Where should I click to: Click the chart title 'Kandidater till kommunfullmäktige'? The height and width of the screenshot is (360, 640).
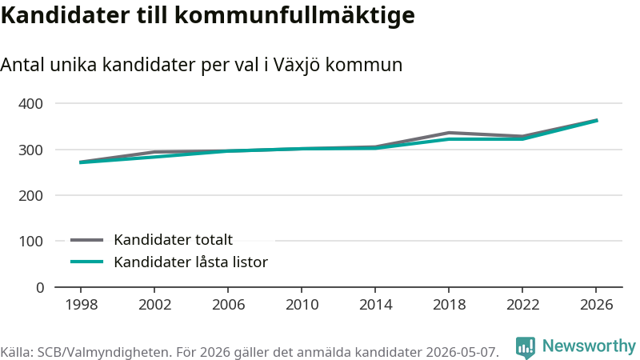coord(208,15)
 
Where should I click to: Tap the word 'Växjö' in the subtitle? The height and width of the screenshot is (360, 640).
coord(296,65)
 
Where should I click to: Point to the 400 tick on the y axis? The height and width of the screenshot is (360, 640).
coord(30,104)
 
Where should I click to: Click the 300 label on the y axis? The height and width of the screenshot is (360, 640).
coord(30,150)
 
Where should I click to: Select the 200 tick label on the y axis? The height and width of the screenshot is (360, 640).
coord(30,195)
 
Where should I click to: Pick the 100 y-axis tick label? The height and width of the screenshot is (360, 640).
coord(30,242)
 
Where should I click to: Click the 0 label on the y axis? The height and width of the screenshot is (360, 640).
coord(39,288)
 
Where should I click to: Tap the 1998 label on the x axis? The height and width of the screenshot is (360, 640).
coord(82,305)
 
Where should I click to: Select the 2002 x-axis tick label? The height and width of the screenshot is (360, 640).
coord(154,305)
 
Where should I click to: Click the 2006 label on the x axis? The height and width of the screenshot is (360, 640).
coord(228,305)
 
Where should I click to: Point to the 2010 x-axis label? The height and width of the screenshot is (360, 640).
coord(302,305)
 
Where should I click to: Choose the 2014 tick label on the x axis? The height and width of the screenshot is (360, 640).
coord(375,305)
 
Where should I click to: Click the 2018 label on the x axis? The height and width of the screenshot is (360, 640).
coord(449,305)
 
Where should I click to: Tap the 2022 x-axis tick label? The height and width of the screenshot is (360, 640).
coord(522,305)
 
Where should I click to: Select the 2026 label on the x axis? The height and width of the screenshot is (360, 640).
coord(596,305)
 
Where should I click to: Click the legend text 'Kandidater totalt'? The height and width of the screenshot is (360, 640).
coord(173,239)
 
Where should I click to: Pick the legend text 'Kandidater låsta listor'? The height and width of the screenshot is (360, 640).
coord(190,262)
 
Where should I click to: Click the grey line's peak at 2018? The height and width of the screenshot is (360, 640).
coord(449,133)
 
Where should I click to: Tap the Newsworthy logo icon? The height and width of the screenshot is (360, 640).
coord(526,347)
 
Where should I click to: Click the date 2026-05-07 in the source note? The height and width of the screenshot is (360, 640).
coord(462,352)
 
